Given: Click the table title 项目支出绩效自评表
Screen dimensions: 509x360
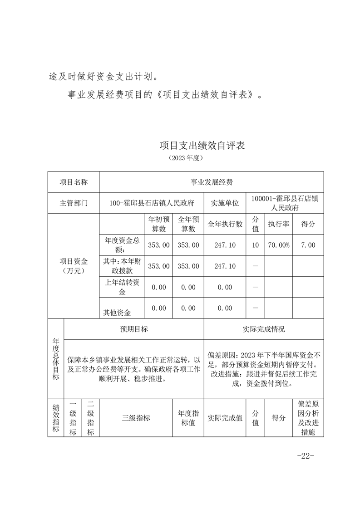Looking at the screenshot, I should click(x=202, y=146).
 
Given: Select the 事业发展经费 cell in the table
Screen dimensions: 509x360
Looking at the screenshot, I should click(x=211, y=182).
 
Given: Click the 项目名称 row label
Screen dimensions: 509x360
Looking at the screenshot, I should click(x=74, y=182).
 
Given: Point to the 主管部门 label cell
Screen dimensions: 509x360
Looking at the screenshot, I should click(x=74, y=203).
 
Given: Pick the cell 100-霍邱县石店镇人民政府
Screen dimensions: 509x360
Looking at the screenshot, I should click(x=152, y=203).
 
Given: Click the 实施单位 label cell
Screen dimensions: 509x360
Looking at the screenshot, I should click(x=225, y=203).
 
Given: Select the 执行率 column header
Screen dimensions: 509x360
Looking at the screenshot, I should click(x=278, y=224).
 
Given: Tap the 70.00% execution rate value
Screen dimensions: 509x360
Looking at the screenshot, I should click(x=278, y=245).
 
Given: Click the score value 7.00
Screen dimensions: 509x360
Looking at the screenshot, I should click(x=308, y=245).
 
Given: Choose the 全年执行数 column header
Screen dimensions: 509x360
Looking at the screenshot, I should click(x=225, y=224).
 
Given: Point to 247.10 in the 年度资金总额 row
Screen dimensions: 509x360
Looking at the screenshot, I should click(x=225, y=245).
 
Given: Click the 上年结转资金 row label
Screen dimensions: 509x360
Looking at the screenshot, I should click(x=122, y=287).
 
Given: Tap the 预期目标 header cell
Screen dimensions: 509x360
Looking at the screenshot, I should click(x=134, y=329).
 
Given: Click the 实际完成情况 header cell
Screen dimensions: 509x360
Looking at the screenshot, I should click(x=264, y=329).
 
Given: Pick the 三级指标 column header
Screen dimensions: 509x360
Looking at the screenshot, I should click(x=136, y=418).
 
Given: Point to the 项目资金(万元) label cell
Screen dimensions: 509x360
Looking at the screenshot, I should click(x=74, y=266).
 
